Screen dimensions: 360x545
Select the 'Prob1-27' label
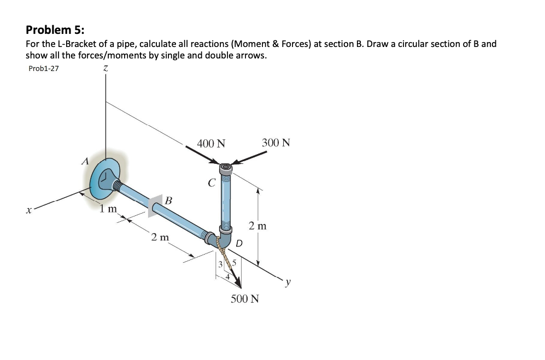tap(43, 68)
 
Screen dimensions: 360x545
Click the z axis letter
tap(105, 69)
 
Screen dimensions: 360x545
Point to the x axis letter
tap(26, 209)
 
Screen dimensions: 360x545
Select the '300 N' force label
tap(276, 143)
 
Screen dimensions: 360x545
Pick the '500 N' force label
tap(245, 299)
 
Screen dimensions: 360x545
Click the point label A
tap(84, 161)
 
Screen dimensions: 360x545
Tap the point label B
tap(168, 200)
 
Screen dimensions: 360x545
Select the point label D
tap(239, 243)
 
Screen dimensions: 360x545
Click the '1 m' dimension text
tap(108, 209)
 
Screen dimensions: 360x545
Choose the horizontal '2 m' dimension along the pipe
tap(160, 237)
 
